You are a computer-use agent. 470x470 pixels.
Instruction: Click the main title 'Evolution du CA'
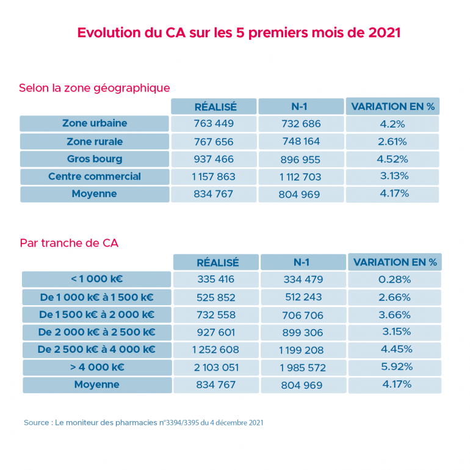click(239, 32)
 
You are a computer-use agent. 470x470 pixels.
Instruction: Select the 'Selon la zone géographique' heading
click(94, 88)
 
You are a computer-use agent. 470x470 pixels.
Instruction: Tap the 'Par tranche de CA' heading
click(69, 243)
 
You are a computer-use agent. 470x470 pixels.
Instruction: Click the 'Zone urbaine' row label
click(95, 123)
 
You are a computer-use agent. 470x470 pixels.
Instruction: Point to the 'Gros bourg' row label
click(95, 159)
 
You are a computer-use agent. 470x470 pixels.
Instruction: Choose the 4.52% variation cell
click(392, 159)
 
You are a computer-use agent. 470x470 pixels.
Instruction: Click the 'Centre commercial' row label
click(95, 177)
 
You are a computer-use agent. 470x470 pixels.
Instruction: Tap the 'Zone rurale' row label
click(95, 142)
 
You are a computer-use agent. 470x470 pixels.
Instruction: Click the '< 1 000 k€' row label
click(96, 280)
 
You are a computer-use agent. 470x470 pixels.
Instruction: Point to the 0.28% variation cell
click(395, 280)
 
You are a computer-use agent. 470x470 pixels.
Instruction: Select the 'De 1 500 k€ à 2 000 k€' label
click(96, 315)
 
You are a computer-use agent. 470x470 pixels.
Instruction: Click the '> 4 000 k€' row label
click(96, 367)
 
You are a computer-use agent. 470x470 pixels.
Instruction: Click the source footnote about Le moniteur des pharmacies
click(143, 422)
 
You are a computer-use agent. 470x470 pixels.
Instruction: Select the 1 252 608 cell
click(216, 350)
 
